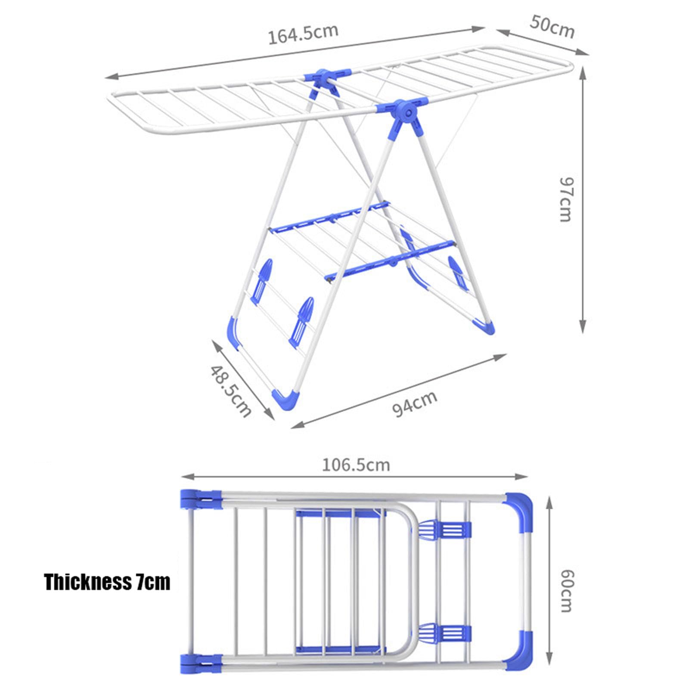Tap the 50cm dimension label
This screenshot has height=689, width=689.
pos(552,27)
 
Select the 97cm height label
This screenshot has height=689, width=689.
pos(565,199)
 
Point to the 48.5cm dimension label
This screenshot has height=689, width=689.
pos(230,391)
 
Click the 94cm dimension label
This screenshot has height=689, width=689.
pos(415,403)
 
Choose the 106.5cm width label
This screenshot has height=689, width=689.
pos(356,465)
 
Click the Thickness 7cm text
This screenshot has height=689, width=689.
pos(107,582)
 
